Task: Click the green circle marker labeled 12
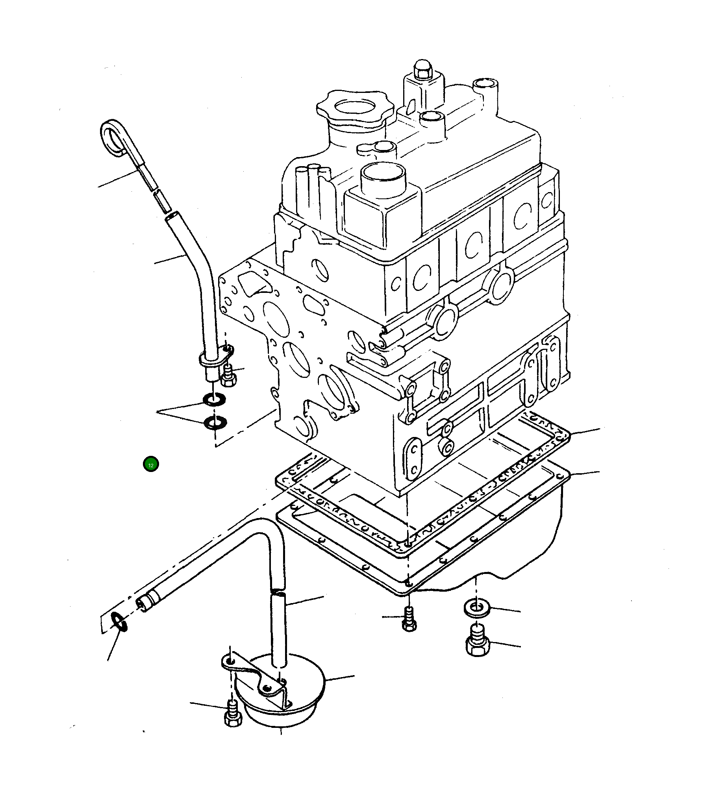pos(151,465)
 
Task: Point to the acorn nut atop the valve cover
pos(423,71)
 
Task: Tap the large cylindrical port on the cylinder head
pos(382,177)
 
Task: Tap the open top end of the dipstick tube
pos(172,216)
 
